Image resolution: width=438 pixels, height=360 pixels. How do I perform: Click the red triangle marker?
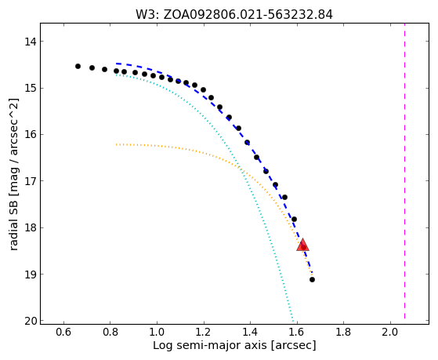click(x=302, y=245)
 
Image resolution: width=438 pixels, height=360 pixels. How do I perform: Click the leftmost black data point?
click(x=78, y=67)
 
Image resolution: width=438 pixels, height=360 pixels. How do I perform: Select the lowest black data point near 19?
click(x=313, y=279)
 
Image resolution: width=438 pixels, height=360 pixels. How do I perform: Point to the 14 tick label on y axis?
click(x=31, y=42)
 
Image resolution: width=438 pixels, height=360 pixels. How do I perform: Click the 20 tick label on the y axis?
click(x=31, y=321)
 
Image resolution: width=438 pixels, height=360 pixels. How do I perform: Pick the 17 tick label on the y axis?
click(x=31, y=181)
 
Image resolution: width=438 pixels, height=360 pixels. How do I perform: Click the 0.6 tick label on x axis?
click(x=63, y=332)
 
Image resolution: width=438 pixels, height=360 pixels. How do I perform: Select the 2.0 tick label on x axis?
click(x=390, y=332)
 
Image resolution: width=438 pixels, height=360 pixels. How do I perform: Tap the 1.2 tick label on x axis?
click(x=204, y=332)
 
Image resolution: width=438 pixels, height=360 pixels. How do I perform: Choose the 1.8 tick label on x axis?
click(x=344, y=332)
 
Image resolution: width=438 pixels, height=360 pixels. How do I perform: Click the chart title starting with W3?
click(x=234, y=15)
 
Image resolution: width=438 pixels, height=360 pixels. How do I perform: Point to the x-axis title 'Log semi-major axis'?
click(x=210, y=346)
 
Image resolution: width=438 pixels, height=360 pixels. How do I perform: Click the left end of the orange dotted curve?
click(x=117, y=144)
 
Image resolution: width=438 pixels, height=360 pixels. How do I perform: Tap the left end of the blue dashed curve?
click(x=117, y=64)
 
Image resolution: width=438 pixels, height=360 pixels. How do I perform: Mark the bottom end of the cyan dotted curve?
click(x=293, y=321)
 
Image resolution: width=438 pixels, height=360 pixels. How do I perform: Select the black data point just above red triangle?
click(x=294, y=219)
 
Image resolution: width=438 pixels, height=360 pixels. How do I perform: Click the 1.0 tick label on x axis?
click(x=157, y=332)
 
